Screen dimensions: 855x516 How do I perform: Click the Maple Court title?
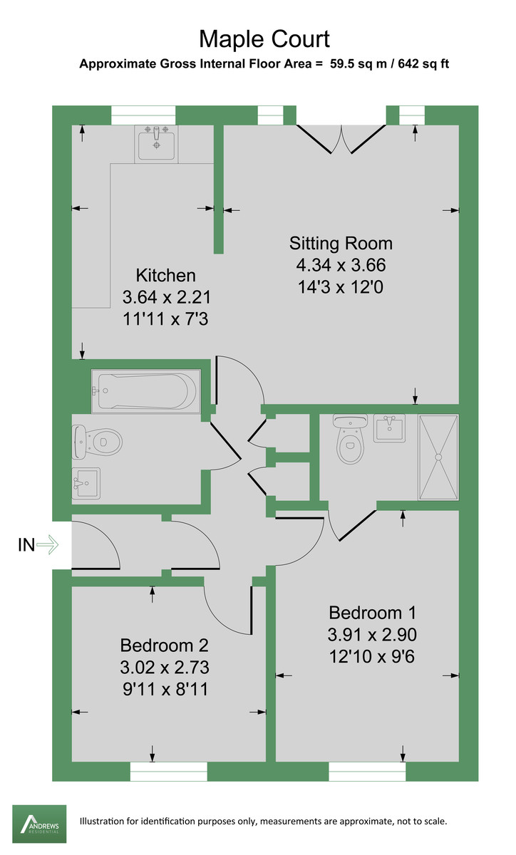click(x=264, y=38)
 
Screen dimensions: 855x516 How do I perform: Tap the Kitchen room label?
click(x=165, y=275)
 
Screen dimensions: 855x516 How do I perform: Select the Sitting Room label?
click(x=341, y=243)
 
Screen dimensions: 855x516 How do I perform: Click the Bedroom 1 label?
click(x=372, y=612)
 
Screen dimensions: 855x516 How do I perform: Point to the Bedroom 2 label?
click(x=164, y=646)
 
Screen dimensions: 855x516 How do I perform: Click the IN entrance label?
click(x=26, y=546)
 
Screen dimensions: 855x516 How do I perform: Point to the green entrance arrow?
click(x=48, y=546)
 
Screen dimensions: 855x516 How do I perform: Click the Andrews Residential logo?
click(x=39, y=821)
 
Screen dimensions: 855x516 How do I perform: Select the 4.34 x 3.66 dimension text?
click(x=341, y=266)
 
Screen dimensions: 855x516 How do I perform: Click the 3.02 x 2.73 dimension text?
click(x=164, y=668)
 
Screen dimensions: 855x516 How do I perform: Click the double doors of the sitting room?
click(x=341, y=138)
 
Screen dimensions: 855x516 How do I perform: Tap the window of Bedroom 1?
click(x=367, y=771)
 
